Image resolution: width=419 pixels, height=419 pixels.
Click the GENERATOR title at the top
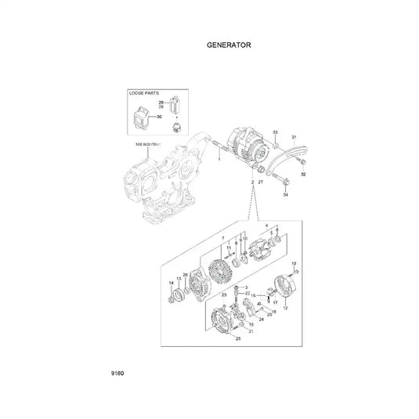coord(229,45)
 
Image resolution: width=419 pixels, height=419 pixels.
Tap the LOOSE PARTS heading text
coord(145,93)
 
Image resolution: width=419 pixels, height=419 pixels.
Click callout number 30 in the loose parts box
coord(159,117)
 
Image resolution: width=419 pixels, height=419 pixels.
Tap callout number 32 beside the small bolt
coord(303,175)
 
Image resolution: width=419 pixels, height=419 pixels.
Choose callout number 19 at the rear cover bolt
coord(294,263)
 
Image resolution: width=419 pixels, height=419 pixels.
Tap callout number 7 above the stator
coord(222,237)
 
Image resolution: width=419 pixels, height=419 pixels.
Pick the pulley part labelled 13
coord(180,294)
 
